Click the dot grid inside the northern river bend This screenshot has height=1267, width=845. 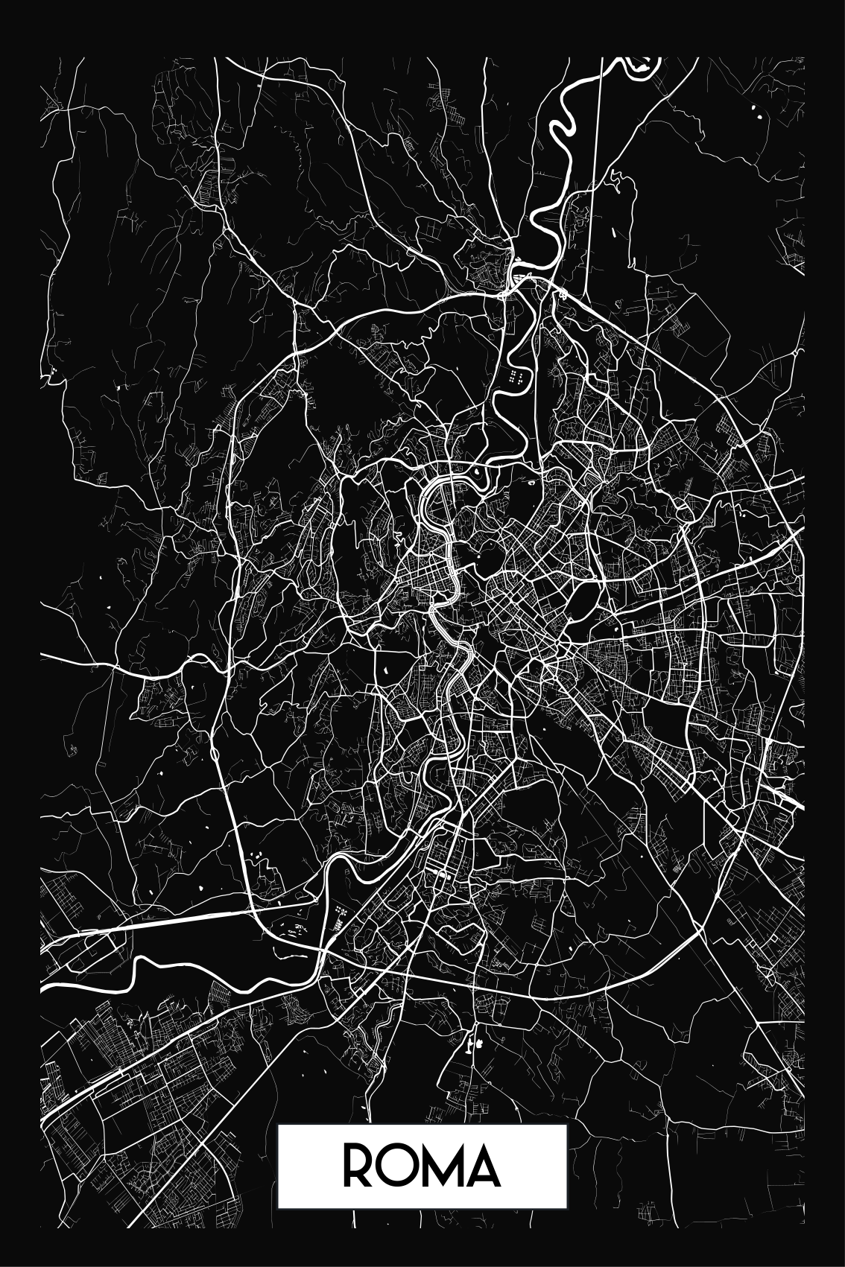pyautogui.click(x=514, y=376)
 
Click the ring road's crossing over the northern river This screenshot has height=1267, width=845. pyautogui.click(x=514, y=281)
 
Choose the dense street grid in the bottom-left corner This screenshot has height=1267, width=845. pyautogui.click(x=82, y=1162)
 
